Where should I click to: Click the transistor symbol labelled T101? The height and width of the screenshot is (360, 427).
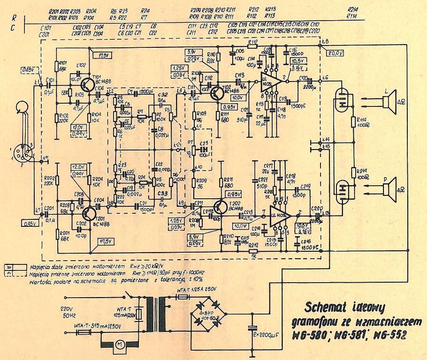click(x=88, y=84)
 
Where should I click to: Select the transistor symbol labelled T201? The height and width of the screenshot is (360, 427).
click(x=89, y=213)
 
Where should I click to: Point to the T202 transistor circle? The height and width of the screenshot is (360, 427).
click(x=221, y=207)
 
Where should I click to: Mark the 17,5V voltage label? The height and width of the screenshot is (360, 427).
click(x=106, y=242)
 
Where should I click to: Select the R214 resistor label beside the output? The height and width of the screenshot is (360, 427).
click(x=361, y=174)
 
